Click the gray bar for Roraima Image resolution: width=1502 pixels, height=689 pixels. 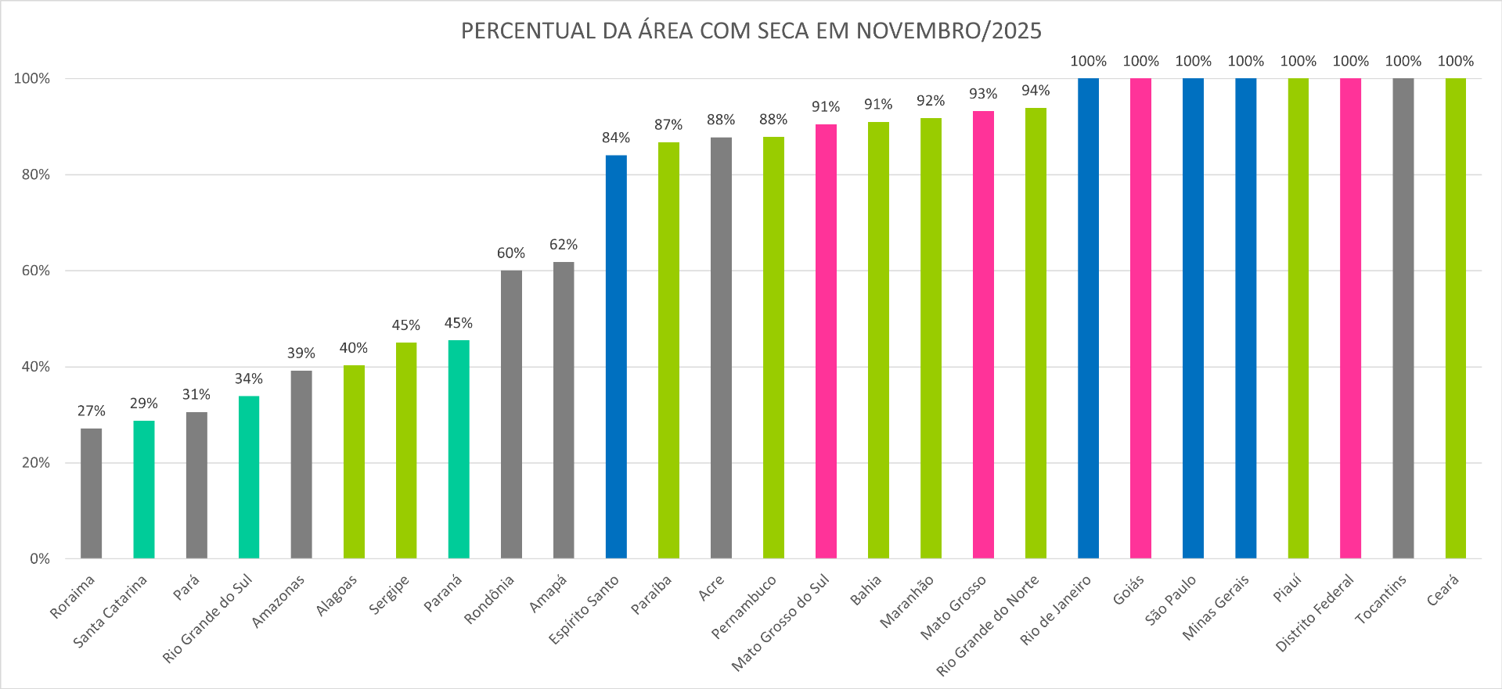[91, 493]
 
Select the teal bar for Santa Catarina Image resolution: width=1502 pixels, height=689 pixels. [143, 489]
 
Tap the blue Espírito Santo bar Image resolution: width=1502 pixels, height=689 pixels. [616, 356]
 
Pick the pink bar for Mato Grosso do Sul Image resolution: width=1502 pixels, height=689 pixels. [826, 340]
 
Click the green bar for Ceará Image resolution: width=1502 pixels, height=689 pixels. [1455, 317]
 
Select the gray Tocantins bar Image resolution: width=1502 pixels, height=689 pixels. [1403, 317]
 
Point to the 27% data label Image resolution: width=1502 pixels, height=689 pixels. [91, 411]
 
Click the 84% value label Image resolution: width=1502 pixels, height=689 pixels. [616, 138]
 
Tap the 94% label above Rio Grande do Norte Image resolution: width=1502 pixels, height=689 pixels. [1036, 91]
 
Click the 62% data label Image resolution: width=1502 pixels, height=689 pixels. [564, 245]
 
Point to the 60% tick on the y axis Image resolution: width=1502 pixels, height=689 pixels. [35, 271]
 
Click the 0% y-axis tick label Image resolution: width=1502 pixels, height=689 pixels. [39, 558]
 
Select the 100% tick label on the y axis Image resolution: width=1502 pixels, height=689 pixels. [32, 78]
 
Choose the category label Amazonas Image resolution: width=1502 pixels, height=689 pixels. [279, 601]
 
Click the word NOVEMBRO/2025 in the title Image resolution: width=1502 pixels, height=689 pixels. [949, 31]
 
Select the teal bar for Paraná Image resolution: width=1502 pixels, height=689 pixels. [459, 450]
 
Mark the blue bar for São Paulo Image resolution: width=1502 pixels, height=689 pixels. [1193, 317]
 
